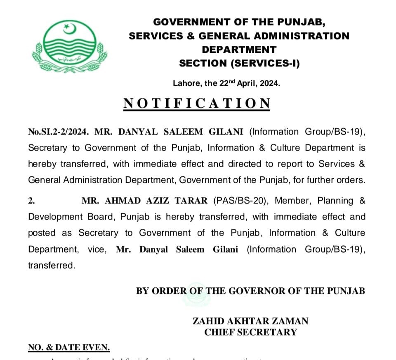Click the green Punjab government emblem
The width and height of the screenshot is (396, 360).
point(69,45)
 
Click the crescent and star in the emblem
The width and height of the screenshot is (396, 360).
point(68,28)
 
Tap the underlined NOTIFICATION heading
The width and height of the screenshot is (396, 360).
point(197,103)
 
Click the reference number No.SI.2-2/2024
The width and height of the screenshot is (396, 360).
point(58,132)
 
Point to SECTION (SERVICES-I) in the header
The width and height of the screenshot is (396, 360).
point(239,63)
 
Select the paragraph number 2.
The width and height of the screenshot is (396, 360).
point(31,201)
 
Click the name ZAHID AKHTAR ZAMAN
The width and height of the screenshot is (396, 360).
point(250,321)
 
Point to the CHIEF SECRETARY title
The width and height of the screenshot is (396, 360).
point(250,332)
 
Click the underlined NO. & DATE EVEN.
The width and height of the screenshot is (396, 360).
point(69,348)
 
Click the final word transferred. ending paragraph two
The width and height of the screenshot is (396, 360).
point(52,265)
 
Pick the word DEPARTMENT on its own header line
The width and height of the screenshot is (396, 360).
point(239,50)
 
